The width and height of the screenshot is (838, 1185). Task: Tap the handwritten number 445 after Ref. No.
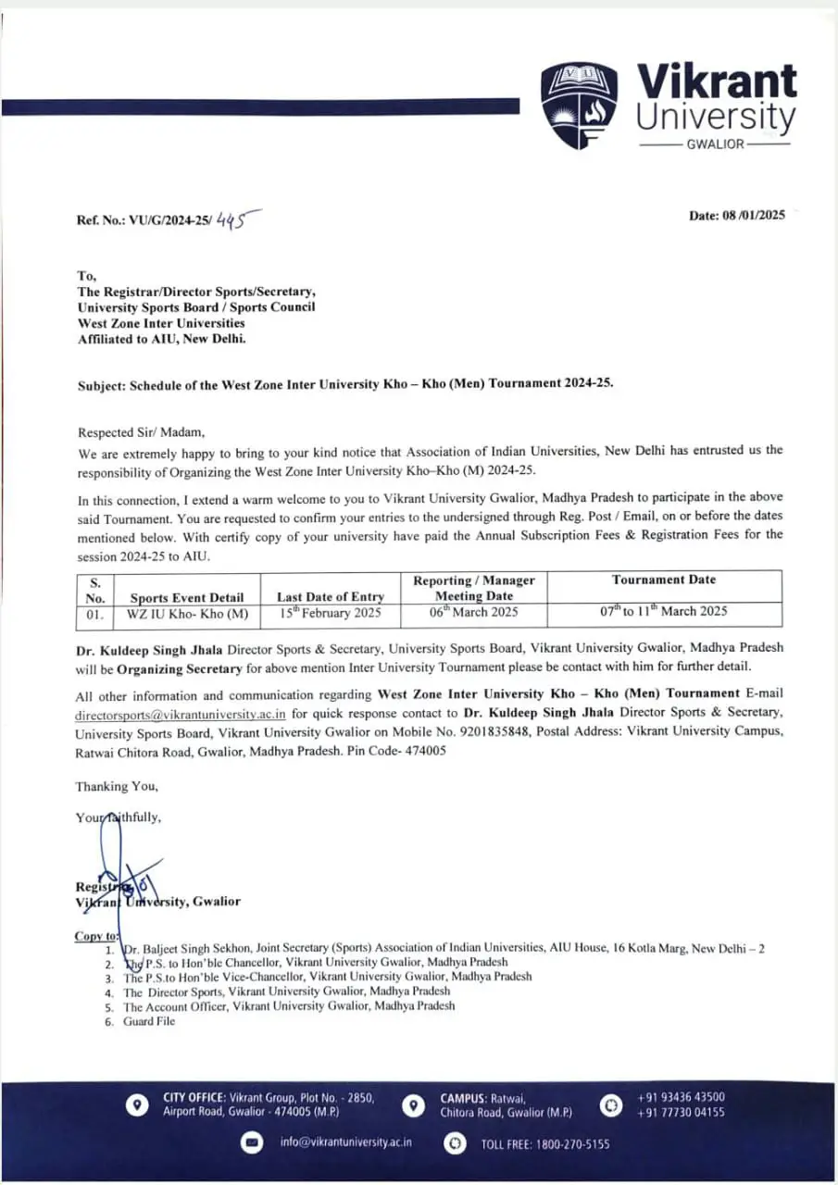234,220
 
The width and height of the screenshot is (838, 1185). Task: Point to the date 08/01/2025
754,215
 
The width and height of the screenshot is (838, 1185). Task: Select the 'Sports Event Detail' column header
187,597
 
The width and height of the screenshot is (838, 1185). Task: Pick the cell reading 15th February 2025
331,613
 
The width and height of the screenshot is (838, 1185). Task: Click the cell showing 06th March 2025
473,612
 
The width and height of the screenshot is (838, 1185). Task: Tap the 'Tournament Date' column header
664,580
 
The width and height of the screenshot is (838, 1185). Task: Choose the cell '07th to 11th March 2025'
663,611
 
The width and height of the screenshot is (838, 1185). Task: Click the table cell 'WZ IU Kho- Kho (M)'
187,613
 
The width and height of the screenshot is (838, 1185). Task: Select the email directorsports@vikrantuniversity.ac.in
181,715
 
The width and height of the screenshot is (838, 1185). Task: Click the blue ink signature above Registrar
116,861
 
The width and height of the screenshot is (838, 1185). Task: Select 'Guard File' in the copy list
149,1021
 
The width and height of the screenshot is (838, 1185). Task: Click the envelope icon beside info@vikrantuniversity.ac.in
251,1143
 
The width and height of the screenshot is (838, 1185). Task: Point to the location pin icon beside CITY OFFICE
137,1104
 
